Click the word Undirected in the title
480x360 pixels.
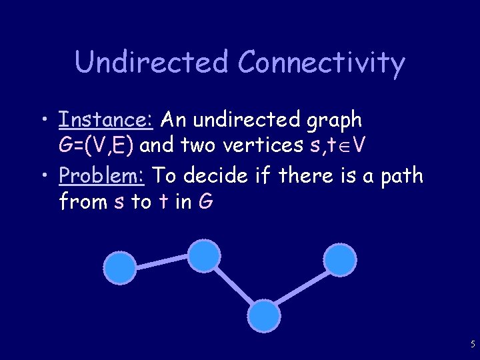152,62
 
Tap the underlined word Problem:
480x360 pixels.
103,176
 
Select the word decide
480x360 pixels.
221,176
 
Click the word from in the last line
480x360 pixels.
84,201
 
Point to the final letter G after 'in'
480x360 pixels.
205,201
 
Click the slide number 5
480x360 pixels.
473,345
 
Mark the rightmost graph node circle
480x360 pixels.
339,259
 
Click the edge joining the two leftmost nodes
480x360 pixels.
162,262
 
